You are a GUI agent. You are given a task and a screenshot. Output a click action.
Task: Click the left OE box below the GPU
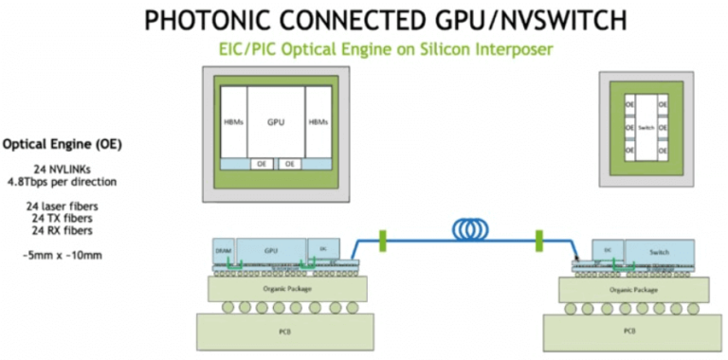click(x=263, y=164)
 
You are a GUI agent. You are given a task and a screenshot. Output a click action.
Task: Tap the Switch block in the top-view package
click(x=645, y=126)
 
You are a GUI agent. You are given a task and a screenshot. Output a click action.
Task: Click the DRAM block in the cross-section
click(x=223, y=250)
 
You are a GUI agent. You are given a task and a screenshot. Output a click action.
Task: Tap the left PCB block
click(x=275, y=331)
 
